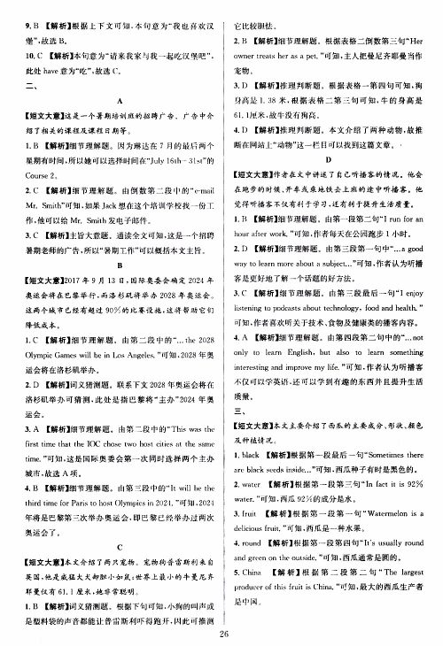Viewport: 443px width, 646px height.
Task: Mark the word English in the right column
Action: point(303,390)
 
